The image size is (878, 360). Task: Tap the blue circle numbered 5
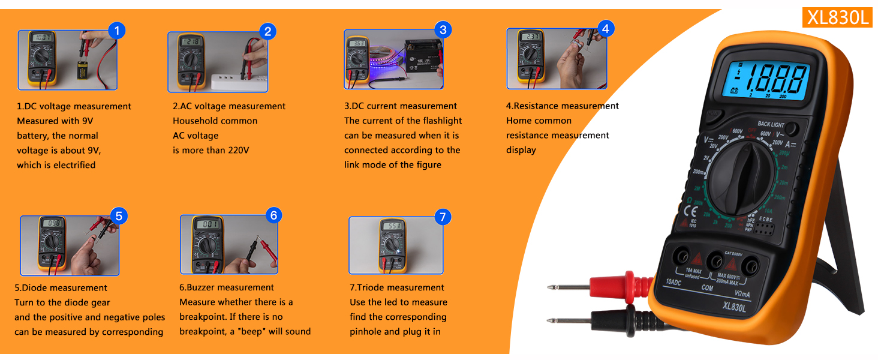pos(118,216)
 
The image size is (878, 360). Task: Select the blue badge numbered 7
pos(442,217)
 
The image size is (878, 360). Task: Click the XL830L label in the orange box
pos(838,18)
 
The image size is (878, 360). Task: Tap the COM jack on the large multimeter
pos(714,261)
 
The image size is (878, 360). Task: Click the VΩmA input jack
pos(750,265)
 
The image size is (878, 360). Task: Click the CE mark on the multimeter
pos(691,211)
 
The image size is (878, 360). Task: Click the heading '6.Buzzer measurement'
pos(227,287)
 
